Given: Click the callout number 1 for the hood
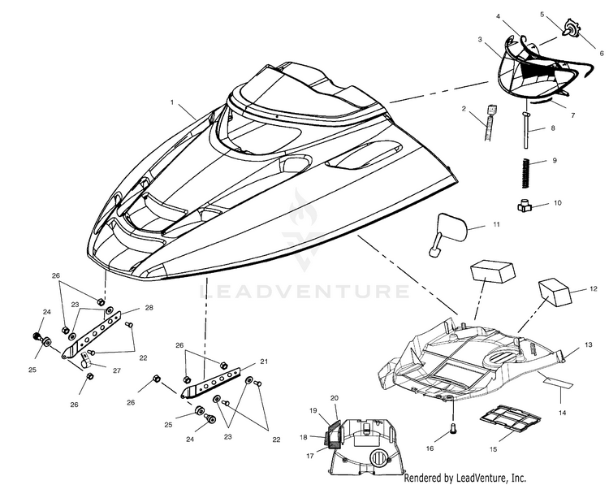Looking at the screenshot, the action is [x=171, y=102].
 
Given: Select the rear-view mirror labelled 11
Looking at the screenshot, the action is [x=447, y=234].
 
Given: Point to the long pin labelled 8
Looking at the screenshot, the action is [x=525, y=130].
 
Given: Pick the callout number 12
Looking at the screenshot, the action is [x=593, y=288].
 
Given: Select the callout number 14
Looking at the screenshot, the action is [x=563, y=413].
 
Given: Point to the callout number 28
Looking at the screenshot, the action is [x=149, y=307].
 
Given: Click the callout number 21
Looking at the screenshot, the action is [x=264, y=362].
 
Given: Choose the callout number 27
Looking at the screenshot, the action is [x=116, y=370].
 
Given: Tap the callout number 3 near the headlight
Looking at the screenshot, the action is [x=480, y=39].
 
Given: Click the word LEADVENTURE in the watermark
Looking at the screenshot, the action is [x=304, y=292].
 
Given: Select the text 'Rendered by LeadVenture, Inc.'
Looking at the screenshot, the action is [x=465, y=478].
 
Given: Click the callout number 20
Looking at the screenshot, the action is [x=335, y=398].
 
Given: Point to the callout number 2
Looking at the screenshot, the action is [x=464, y=109].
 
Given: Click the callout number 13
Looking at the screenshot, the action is [x=589, y=344].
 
